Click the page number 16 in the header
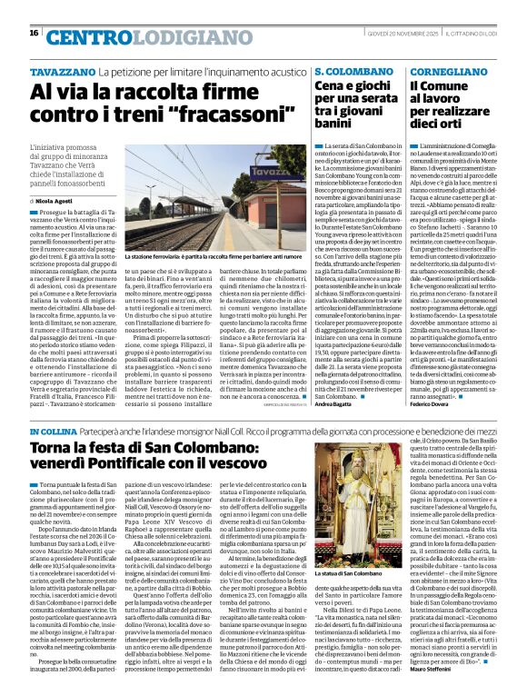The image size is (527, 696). tap(34, 34)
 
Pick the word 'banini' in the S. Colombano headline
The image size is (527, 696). tap(338, 122)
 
